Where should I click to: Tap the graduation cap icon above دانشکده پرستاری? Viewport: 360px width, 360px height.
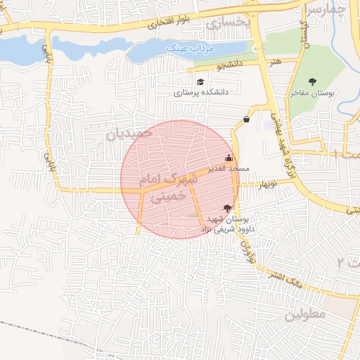(201, 82)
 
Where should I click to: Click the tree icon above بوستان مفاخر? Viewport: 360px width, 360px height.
(313, 82)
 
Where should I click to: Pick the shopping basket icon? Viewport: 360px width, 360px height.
(246, 119)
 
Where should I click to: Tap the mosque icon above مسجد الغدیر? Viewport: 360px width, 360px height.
(228, 158)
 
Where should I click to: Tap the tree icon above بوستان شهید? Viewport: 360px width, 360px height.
(226, 207)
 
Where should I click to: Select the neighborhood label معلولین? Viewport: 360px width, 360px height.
(305, 314)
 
